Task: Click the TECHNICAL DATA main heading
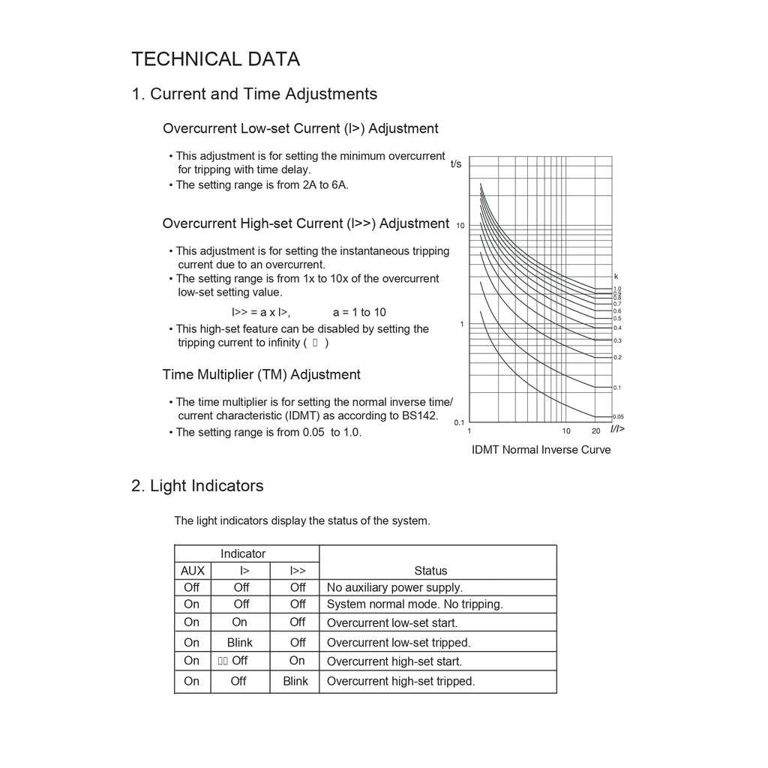coord(215,59)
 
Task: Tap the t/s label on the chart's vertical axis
coord(456,163)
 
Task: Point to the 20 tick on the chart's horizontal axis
coord(595,431)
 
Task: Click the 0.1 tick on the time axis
coord(459,422)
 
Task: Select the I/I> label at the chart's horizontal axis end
coord(616,429)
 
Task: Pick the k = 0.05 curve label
coord(618,417)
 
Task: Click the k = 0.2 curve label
coord(617,358)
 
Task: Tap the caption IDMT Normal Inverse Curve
coord(541,450)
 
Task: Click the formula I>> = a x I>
coord(260,312)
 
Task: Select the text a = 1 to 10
coord(359,312)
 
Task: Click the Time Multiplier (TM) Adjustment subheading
coord(261,374)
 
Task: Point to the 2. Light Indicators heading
coord(197,486)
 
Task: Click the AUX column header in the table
coord(193,571)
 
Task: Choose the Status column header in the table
coord(430,571)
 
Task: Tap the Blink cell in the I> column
coord(240,643)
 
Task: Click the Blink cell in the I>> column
coord(295,681)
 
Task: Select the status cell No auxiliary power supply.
coord(394,587)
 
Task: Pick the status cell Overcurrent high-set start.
coord(394,661)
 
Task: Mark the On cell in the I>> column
coord(297,661)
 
